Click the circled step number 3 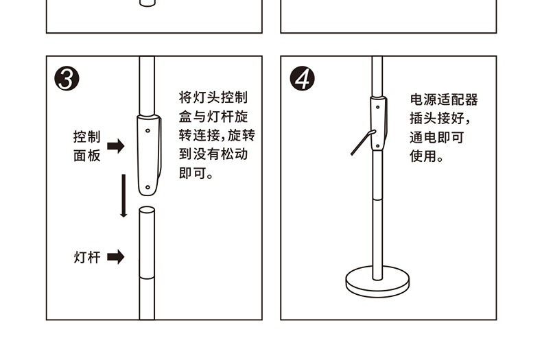pos(67,79)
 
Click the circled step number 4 pos(303,79)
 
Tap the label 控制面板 pos(86,146)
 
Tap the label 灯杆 pos(86,257)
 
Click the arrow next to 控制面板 pos(116,146)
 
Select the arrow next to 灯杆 pos(116,257)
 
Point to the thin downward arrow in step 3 pos(123,196)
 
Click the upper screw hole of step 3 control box pos(148,130)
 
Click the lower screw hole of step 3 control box pos(148,188)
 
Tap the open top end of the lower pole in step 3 pos(147,210)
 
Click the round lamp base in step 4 pos(377,282)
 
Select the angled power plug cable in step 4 pos(363,143)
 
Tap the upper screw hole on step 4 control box pos(377,107)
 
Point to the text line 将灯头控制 pos(213,97)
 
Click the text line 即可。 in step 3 pos(196,173)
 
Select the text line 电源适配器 pos(444,100)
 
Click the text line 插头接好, pos(440,119)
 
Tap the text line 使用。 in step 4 pos(427,156)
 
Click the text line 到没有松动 pos(213,154)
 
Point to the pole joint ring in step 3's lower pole pos(147,277)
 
